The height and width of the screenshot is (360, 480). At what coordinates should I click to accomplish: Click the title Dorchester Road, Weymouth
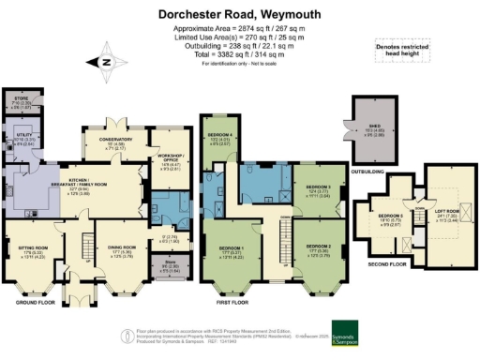240,14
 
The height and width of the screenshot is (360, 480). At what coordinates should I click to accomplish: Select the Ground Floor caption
34,303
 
